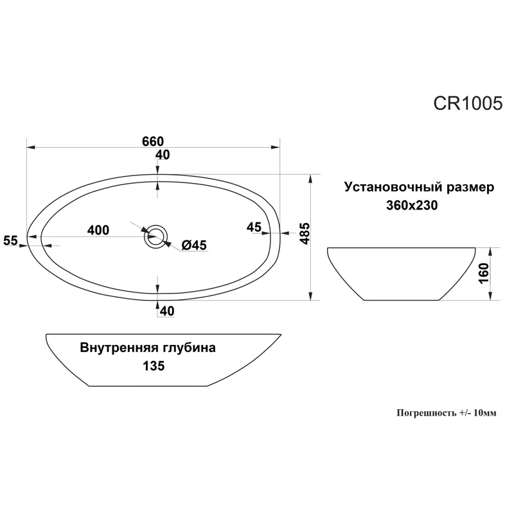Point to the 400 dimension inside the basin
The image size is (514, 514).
98,230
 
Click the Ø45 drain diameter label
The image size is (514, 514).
193,245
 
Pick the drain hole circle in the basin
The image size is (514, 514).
155,236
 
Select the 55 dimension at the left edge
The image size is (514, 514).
11,240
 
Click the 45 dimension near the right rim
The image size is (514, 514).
253,227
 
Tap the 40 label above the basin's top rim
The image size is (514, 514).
163,155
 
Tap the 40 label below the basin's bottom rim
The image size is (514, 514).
167,311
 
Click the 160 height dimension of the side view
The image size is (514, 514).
484,274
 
